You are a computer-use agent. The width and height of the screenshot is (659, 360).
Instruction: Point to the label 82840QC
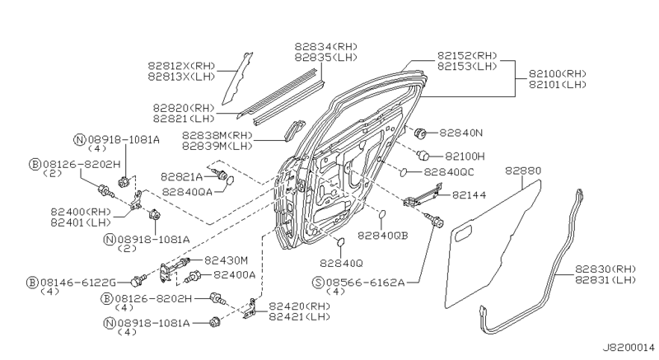click(x=449, y=172)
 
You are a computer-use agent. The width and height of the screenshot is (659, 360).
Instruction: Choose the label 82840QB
click(x=383, y=235)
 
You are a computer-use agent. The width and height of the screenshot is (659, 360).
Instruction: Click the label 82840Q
click(x=340, y=263)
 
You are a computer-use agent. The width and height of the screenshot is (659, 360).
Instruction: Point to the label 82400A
click(x=235, y=274)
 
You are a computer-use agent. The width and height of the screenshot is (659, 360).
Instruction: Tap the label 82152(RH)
click(x=468, y=54)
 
